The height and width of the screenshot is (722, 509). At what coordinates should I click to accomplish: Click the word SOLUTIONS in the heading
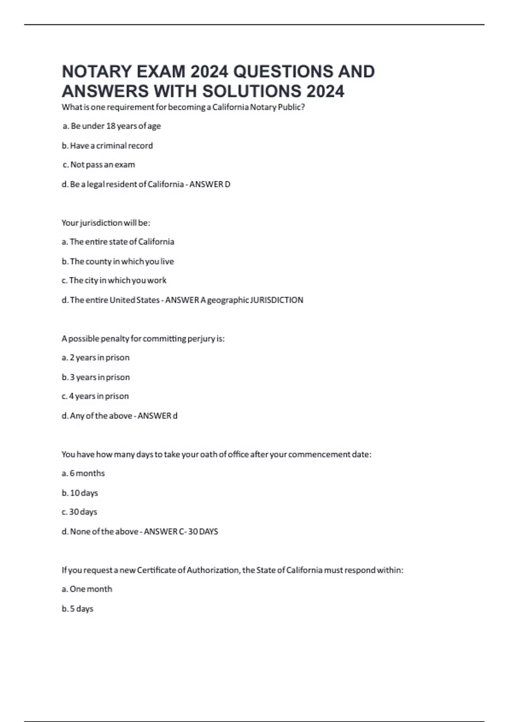pos(252,91)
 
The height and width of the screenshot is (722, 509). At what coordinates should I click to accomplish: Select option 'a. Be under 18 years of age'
pos(112,126)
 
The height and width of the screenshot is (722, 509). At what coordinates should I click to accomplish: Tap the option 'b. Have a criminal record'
pos(107,146)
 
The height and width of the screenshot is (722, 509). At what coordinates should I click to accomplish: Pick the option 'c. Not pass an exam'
pos(98,165)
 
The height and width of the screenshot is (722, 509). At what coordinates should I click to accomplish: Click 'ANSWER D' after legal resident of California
pos(210,184)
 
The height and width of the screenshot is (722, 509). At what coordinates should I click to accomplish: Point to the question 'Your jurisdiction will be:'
pos(106,223)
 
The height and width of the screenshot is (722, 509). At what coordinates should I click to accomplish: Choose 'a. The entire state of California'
pos(118,242)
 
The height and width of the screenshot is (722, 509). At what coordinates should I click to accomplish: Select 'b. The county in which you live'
pos(118,262)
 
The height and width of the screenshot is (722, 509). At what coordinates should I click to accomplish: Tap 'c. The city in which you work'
pos(114,280)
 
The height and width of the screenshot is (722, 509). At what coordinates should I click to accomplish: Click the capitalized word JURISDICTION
pos(277,300)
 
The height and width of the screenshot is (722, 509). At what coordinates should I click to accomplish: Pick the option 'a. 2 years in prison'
pos(95,358)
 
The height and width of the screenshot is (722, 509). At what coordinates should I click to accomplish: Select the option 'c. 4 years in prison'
pos(95,396)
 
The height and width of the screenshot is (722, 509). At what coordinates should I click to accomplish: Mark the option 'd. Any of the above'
pos(97,416)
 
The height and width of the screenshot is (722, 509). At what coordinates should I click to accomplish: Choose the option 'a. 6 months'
pos(83,473)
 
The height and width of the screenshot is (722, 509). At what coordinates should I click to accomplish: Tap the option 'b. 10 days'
pos(80,493)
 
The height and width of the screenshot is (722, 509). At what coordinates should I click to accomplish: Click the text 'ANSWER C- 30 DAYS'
pos(181,532)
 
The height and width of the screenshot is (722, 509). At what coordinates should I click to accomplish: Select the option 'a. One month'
pos(87,589)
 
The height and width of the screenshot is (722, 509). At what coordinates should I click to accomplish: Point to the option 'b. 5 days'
pos(78,609)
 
